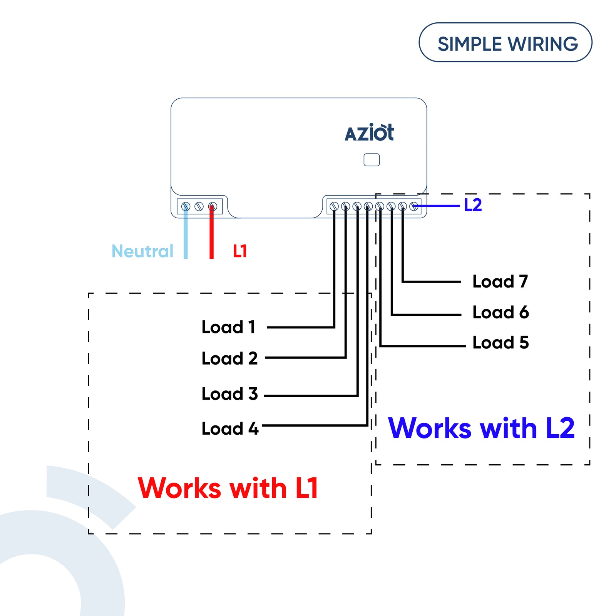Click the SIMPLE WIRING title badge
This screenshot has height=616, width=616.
[505, 42]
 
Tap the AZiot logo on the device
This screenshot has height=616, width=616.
[369, 132]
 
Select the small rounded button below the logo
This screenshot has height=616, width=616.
[372, 160]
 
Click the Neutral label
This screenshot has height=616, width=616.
[142, 251]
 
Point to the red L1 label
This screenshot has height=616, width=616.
[240, 251]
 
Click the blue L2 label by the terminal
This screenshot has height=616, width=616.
[473, 205]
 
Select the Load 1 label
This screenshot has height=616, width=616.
[228, 327]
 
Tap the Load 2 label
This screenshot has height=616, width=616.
[229, 358]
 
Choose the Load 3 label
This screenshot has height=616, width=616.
[229, 393]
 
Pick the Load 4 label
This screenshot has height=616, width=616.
[230, 429]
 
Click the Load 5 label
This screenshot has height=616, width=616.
[500, 342]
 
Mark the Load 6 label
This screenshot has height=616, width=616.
[500, 312]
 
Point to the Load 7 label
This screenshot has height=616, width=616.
[500, 281]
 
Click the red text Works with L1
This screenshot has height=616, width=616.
[228, 488]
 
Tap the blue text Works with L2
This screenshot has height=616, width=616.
[481, 428]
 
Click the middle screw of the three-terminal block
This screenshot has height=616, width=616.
[199, 207]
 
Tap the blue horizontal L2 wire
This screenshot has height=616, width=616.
[437, 206]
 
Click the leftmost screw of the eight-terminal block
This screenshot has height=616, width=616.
[334, 206]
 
